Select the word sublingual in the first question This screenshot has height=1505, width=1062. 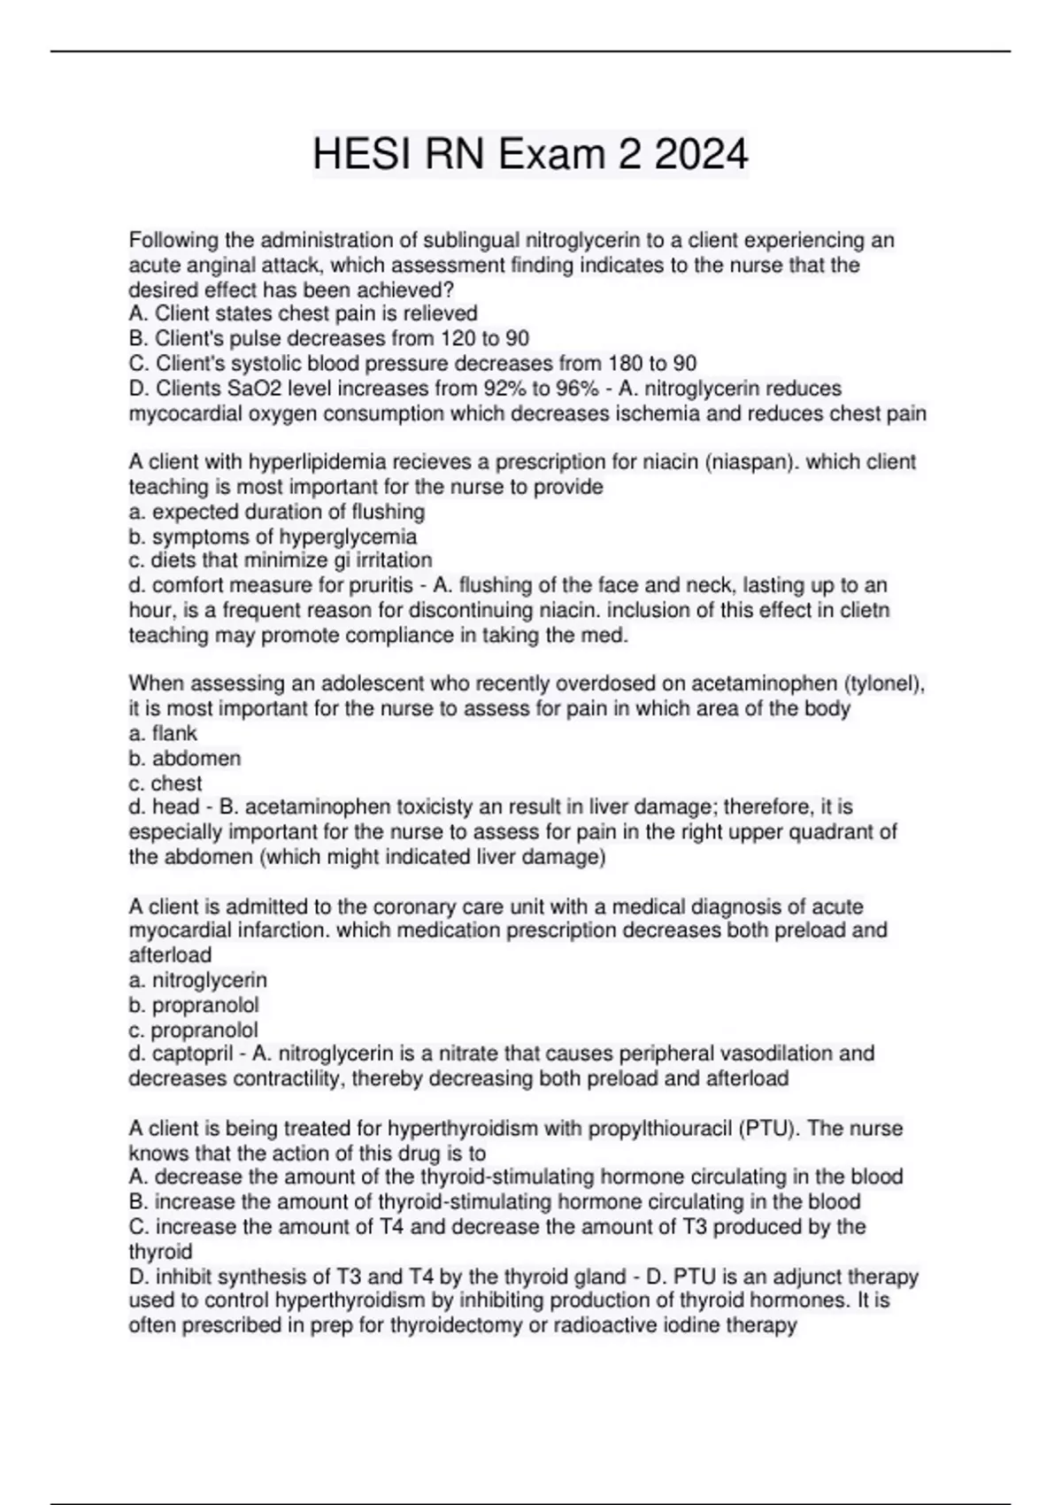(x=472, y=240)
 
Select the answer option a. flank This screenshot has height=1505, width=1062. (x=163, y=733)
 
